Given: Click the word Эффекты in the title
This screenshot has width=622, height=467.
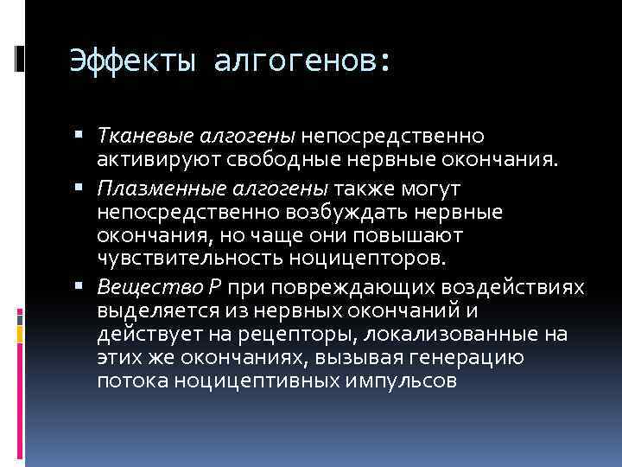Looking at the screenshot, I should click(x=130, y=62).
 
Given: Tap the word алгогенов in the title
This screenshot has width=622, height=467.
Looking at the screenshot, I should click(x=299, y=62).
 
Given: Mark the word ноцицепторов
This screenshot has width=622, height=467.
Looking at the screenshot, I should click(x=368, y=258).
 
